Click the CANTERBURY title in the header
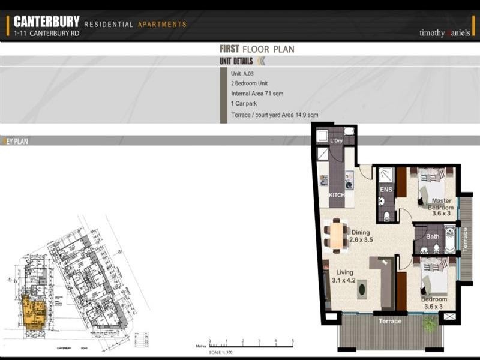[46, 22]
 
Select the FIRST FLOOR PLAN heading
[257, 49]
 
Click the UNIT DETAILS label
[236, 61]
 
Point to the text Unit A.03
[242, 73]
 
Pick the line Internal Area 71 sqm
[257, 94]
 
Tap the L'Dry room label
[336, 141]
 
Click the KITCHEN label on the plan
[340, 195]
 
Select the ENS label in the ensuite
[386, 190]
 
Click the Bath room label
[432, 236]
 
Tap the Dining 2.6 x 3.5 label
[361, 236]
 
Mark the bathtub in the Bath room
[450, 238]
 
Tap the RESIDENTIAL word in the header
[109, 25]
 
